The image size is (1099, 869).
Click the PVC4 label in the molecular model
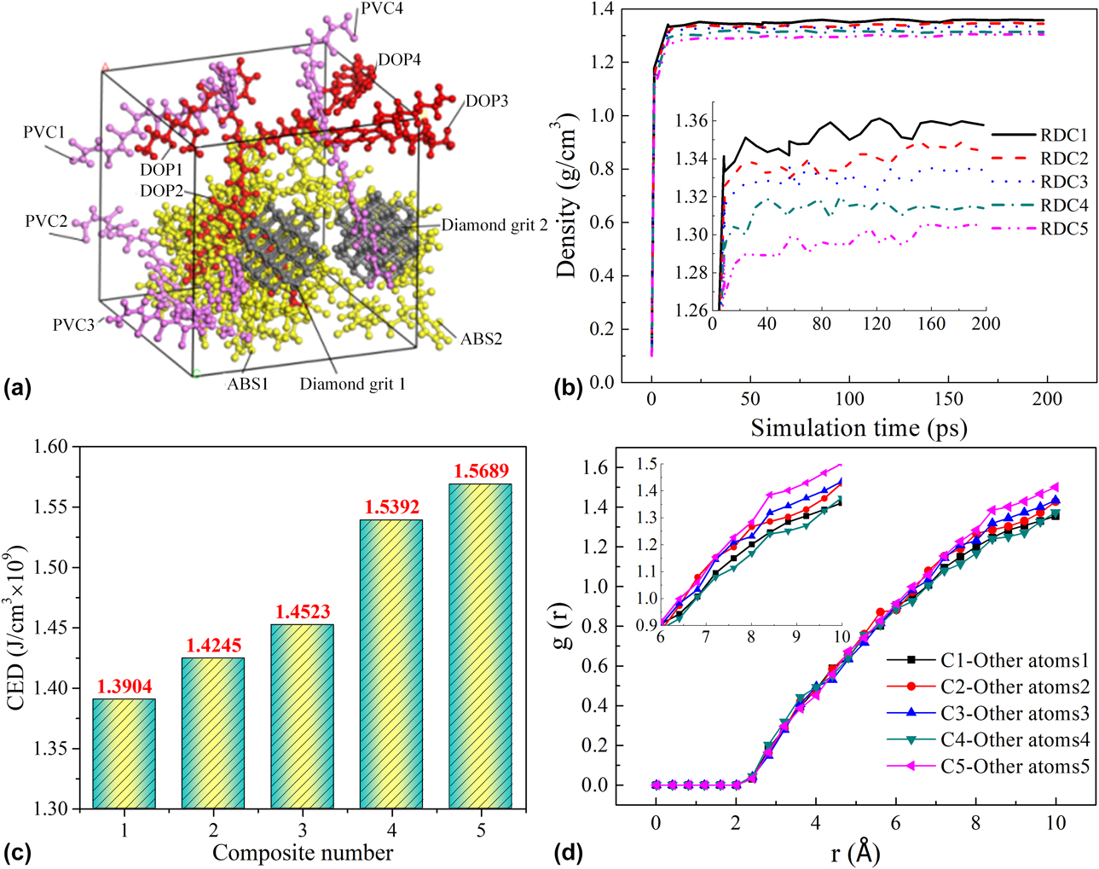[x=382, y=9]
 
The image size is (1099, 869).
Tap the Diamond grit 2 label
[x=495, y=226]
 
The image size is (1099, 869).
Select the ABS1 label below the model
[x=247, y=384]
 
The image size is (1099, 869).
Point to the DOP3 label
[x=487, y=101]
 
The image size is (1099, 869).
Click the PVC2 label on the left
[x=46, y=222]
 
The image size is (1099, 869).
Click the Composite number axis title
[x=303, y=853]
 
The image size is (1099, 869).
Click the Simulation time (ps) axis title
[x=859, y=427]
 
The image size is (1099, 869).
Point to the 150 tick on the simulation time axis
[x=949, y=399]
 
